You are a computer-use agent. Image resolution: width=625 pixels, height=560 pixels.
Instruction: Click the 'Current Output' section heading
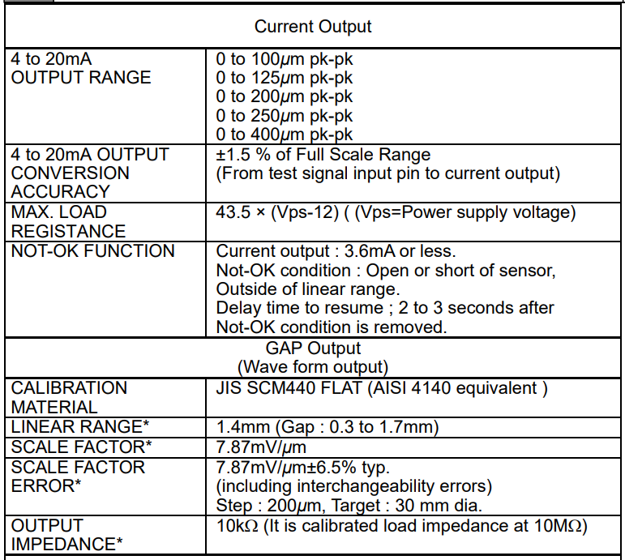(x=312, y=27)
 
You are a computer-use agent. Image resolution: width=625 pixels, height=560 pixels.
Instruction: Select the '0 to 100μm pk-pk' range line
(x=285, y=59)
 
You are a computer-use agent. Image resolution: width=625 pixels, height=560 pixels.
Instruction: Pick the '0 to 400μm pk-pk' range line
(x=285, y=135)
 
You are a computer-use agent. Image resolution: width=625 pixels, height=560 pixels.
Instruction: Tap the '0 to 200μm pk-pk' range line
(x=285, y=97)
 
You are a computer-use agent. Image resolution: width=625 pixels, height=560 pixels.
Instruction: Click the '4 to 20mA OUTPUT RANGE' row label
(x=81, y=68)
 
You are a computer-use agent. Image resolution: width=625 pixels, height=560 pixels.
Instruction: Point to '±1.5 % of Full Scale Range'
(x=323, y=154)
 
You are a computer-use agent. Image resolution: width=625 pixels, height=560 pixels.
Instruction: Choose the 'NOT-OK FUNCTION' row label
(x=93, y=251)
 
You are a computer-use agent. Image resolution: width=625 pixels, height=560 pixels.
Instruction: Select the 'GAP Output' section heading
(x=312, y=348)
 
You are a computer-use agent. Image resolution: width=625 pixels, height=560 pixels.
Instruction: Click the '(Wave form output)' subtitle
(x=312, y=367)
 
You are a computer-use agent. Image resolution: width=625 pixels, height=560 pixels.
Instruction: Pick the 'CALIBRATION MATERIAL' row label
(x=70, y=397)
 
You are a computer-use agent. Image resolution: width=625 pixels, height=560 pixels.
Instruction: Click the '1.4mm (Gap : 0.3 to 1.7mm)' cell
(x=327, y=427)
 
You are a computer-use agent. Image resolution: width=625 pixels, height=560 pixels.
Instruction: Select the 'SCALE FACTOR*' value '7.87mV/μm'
(x=260, y=447)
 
